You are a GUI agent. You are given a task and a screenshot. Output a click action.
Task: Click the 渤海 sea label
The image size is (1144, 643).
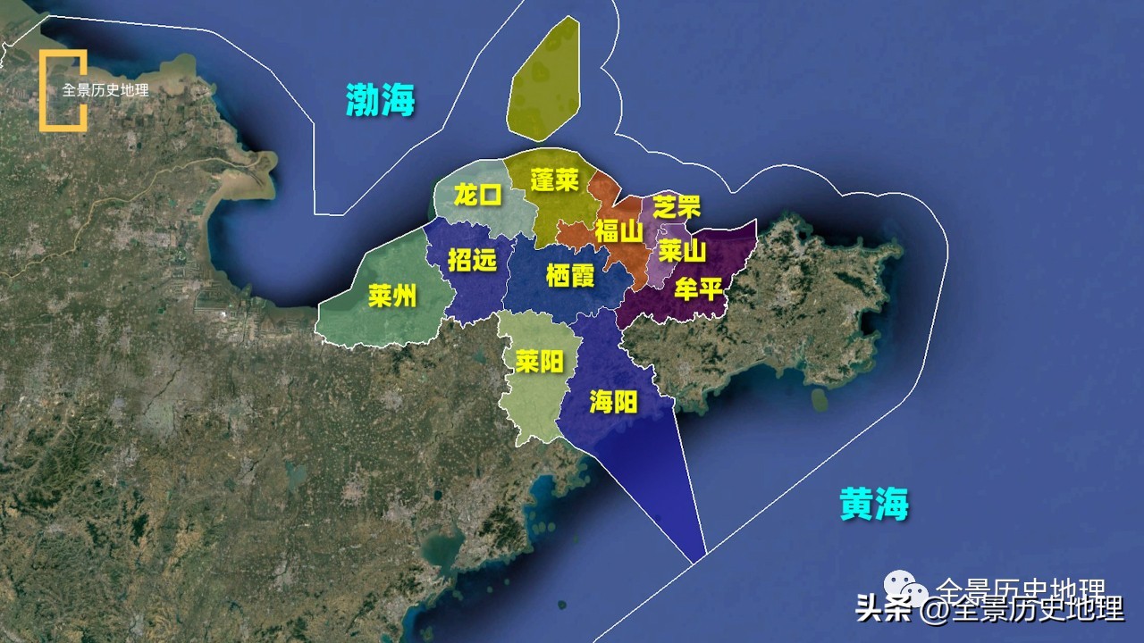pos(381,99)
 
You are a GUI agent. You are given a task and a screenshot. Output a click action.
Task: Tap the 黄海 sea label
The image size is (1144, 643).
pos(873,505)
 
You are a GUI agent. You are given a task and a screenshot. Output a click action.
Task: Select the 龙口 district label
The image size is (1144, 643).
pos(478,195)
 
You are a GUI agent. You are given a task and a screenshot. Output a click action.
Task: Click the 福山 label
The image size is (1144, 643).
pos(618,232)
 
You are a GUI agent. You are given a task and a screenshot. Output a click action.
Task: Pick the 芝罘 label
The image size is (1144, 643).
pos(677,207)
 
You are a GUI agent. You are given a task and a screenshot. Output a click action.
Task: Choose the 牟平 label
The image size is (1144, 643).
pos(698,289)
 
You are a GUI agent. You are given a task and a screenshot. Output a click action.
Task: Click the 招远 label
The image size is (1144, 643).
pos(471,260)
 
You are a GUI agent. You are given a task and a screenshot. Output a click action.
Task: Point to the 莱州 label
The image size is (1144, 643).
pos(392,296)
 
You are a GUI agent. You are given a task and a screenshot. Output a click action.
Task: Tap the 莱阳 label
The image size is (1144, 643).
pos(539,361)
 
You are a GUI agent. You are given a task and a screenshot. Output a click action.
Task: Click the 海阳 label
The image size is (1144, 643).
pos(613,402)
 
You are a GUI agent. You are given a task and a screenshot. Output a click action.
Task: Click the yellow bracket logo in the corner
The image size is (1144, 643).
pos(63,90)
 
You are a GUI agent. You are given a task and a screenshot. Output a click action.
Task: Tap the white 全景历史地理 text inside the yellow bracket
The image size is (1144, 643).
pos(105,90)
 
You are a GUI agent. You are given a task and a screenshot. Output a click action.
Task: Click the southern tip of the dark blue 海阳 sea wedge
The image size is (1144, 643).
pos(695,560)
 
